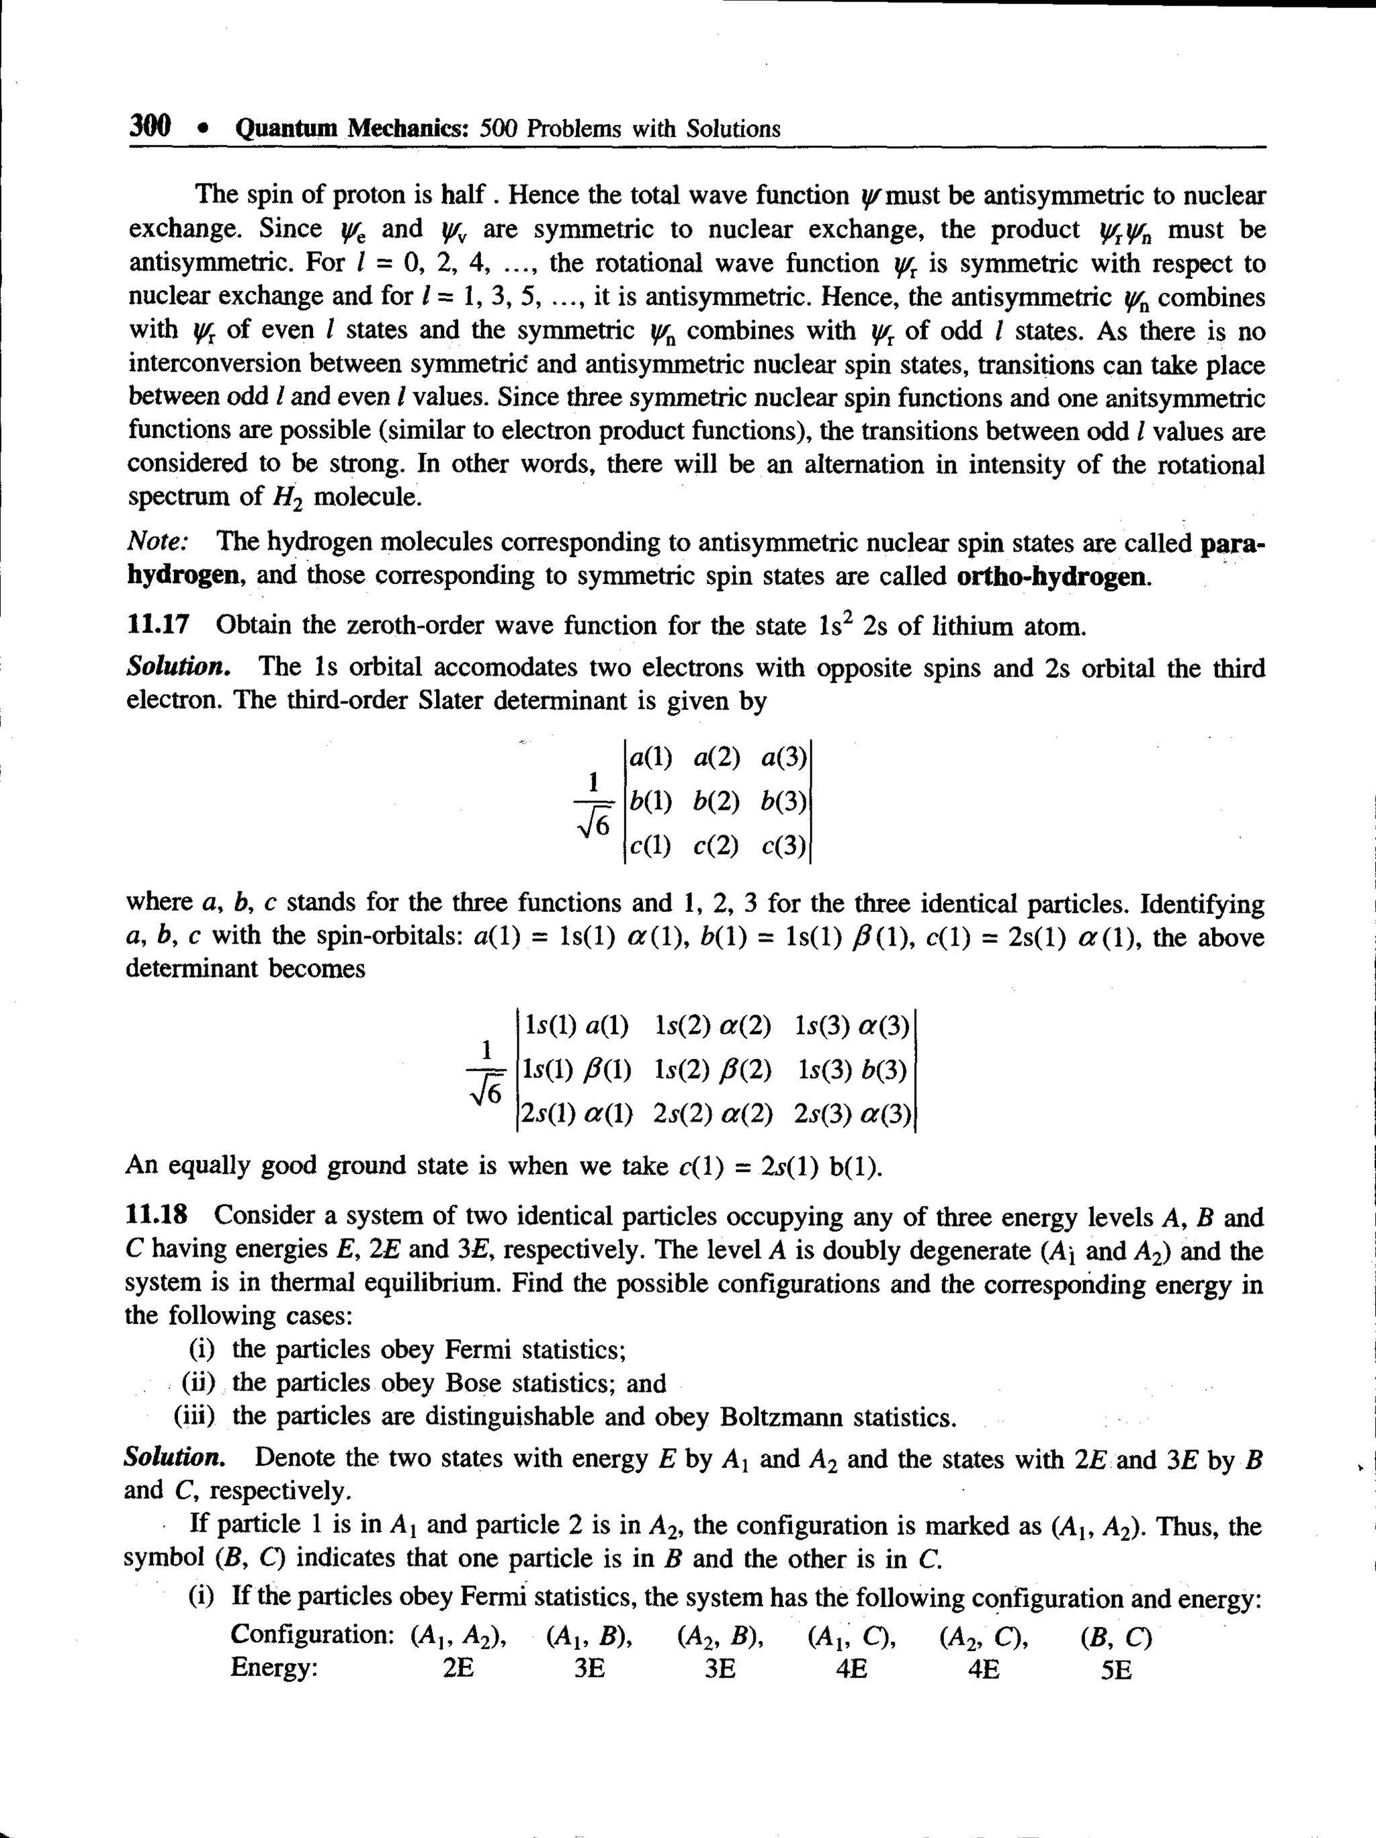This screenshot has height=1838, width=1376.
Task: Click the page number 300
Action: [150, 126]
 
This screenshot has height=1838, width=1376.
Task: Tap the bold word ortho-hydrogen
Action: [1053, 577]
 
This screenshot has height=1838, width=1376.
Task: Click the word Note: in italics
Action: [158, 542]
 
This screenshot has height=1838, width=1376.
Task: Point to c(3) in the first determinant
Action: [783, 846]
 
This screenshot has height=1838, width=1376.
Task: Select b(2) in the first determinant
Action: [716, 801]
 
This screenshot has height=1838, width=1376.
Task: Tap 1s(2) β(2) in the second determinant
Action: [712, 1069]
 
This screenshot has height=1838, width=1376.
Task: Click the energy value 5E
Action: [1116, 1669]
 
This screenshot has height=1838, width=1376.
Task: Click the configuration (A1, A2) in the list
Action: [459, 1637]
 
